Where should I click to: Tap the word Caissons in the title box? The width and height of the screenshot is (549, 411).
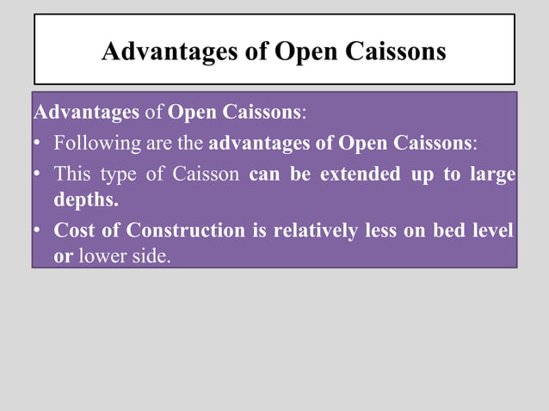tap(396, 52)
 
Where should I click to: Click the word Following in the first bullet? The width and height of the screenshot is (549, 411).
tap(93, 142)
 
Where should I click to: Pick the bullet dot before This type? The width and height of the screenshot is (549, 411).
tap(39, 175)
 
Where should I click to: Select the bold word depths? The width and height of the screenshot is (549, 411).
tap(86, 200)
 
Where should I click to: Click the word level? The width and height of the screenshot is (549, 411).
tap(496, 230)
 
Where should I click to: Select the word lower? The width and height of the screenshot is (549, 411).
tap(101, 257)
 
